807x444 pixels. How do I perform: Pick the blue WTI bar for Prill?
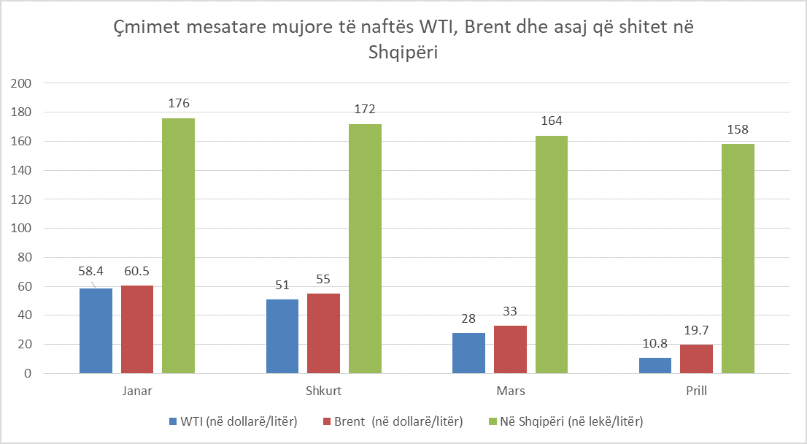tap(655, 365)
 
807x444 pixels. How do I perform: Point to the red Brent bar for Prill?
tap(696, 359)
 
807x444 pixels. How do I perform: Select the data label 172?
tap(364, 110)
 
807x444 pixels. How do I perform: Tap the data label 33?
tap(510, 310)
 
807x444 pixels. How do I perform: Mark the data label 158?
tap(738, 130)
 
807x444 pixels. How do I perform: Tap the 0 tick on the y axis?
tap(27, 373)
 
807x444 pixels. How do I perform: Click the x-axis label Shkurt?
tap(324, 391)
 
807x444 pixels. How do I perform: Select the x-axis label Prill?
tap(696, 391)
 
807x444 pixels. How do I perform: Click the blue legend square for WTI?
tap(173, 421)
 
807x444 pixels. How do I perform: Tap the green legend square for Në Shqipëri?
tap(493, 421)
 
